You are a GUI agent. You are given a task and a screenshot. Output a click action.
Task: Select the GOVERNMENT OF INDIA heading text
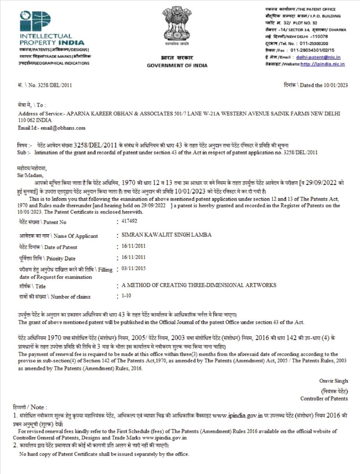tap(170, 65)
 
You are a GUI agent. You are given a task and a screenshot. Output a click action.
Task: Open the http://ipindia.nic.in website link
tap(322, 64)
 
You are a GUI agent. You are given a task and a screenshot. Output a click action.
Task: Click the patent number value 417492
tap(130, 222)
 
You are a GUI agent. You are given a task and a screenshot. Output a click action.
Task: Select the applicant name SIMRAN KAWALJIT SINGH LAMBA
tap(166, 235)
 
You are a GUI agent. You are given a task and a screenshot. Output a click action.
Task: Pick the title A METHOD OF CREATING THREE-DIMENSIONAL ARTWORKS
tap(198, 285)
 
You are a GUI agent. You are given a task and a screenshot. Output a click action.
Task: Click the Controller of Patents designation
tap(324, 398)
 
